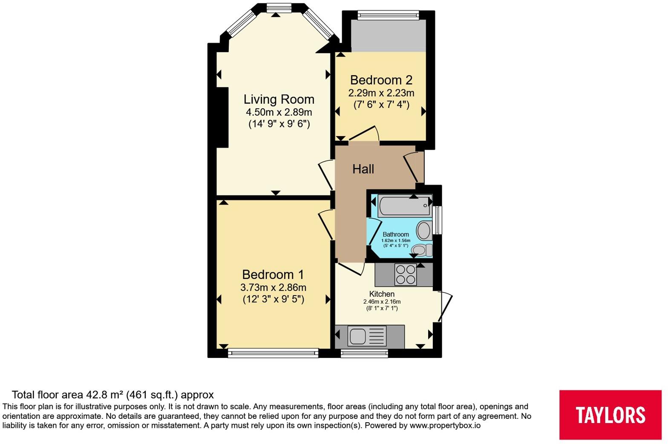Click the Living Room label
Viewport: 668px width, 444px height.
click(279, 99)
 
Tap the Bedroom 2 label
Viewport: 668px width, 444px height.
click(381, 80)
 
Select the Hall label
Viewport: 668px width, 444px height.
click(363, 169)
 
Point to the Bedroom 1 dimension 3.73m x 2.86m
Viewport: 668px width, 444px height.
click(273, 287)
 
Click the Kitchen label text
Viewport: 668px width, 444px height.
click(382, 294)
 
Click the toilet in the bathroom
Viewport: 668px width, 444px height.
click(422, 250)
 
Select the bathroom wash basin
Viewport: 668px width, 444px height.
click(424, 230)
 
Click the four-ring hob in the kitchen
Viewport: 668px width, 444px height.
click(405, 275)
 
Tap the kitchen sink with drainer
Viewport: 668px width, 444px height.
click(367, 336)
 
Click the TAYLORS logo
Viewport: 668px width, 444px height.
click(610, 415)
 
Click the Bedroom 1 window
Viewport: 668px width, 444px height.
click(273, 353)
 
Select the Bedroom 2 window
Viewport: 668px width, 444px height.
click(388, 15)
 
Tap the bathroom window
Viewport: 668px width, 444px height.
click(438, 220)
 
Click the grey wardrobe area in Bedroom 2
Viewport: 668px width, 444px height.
click(388, 36)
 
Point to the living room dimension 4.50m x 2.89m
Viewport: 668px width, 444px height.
click(279, 112)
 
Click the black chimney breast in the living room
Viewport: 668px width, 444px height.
click(222, 117)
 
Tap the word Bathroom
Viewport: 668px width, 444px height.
click(396, 235)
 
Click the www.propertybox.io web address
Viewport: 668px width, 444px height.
click(445, 426)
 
